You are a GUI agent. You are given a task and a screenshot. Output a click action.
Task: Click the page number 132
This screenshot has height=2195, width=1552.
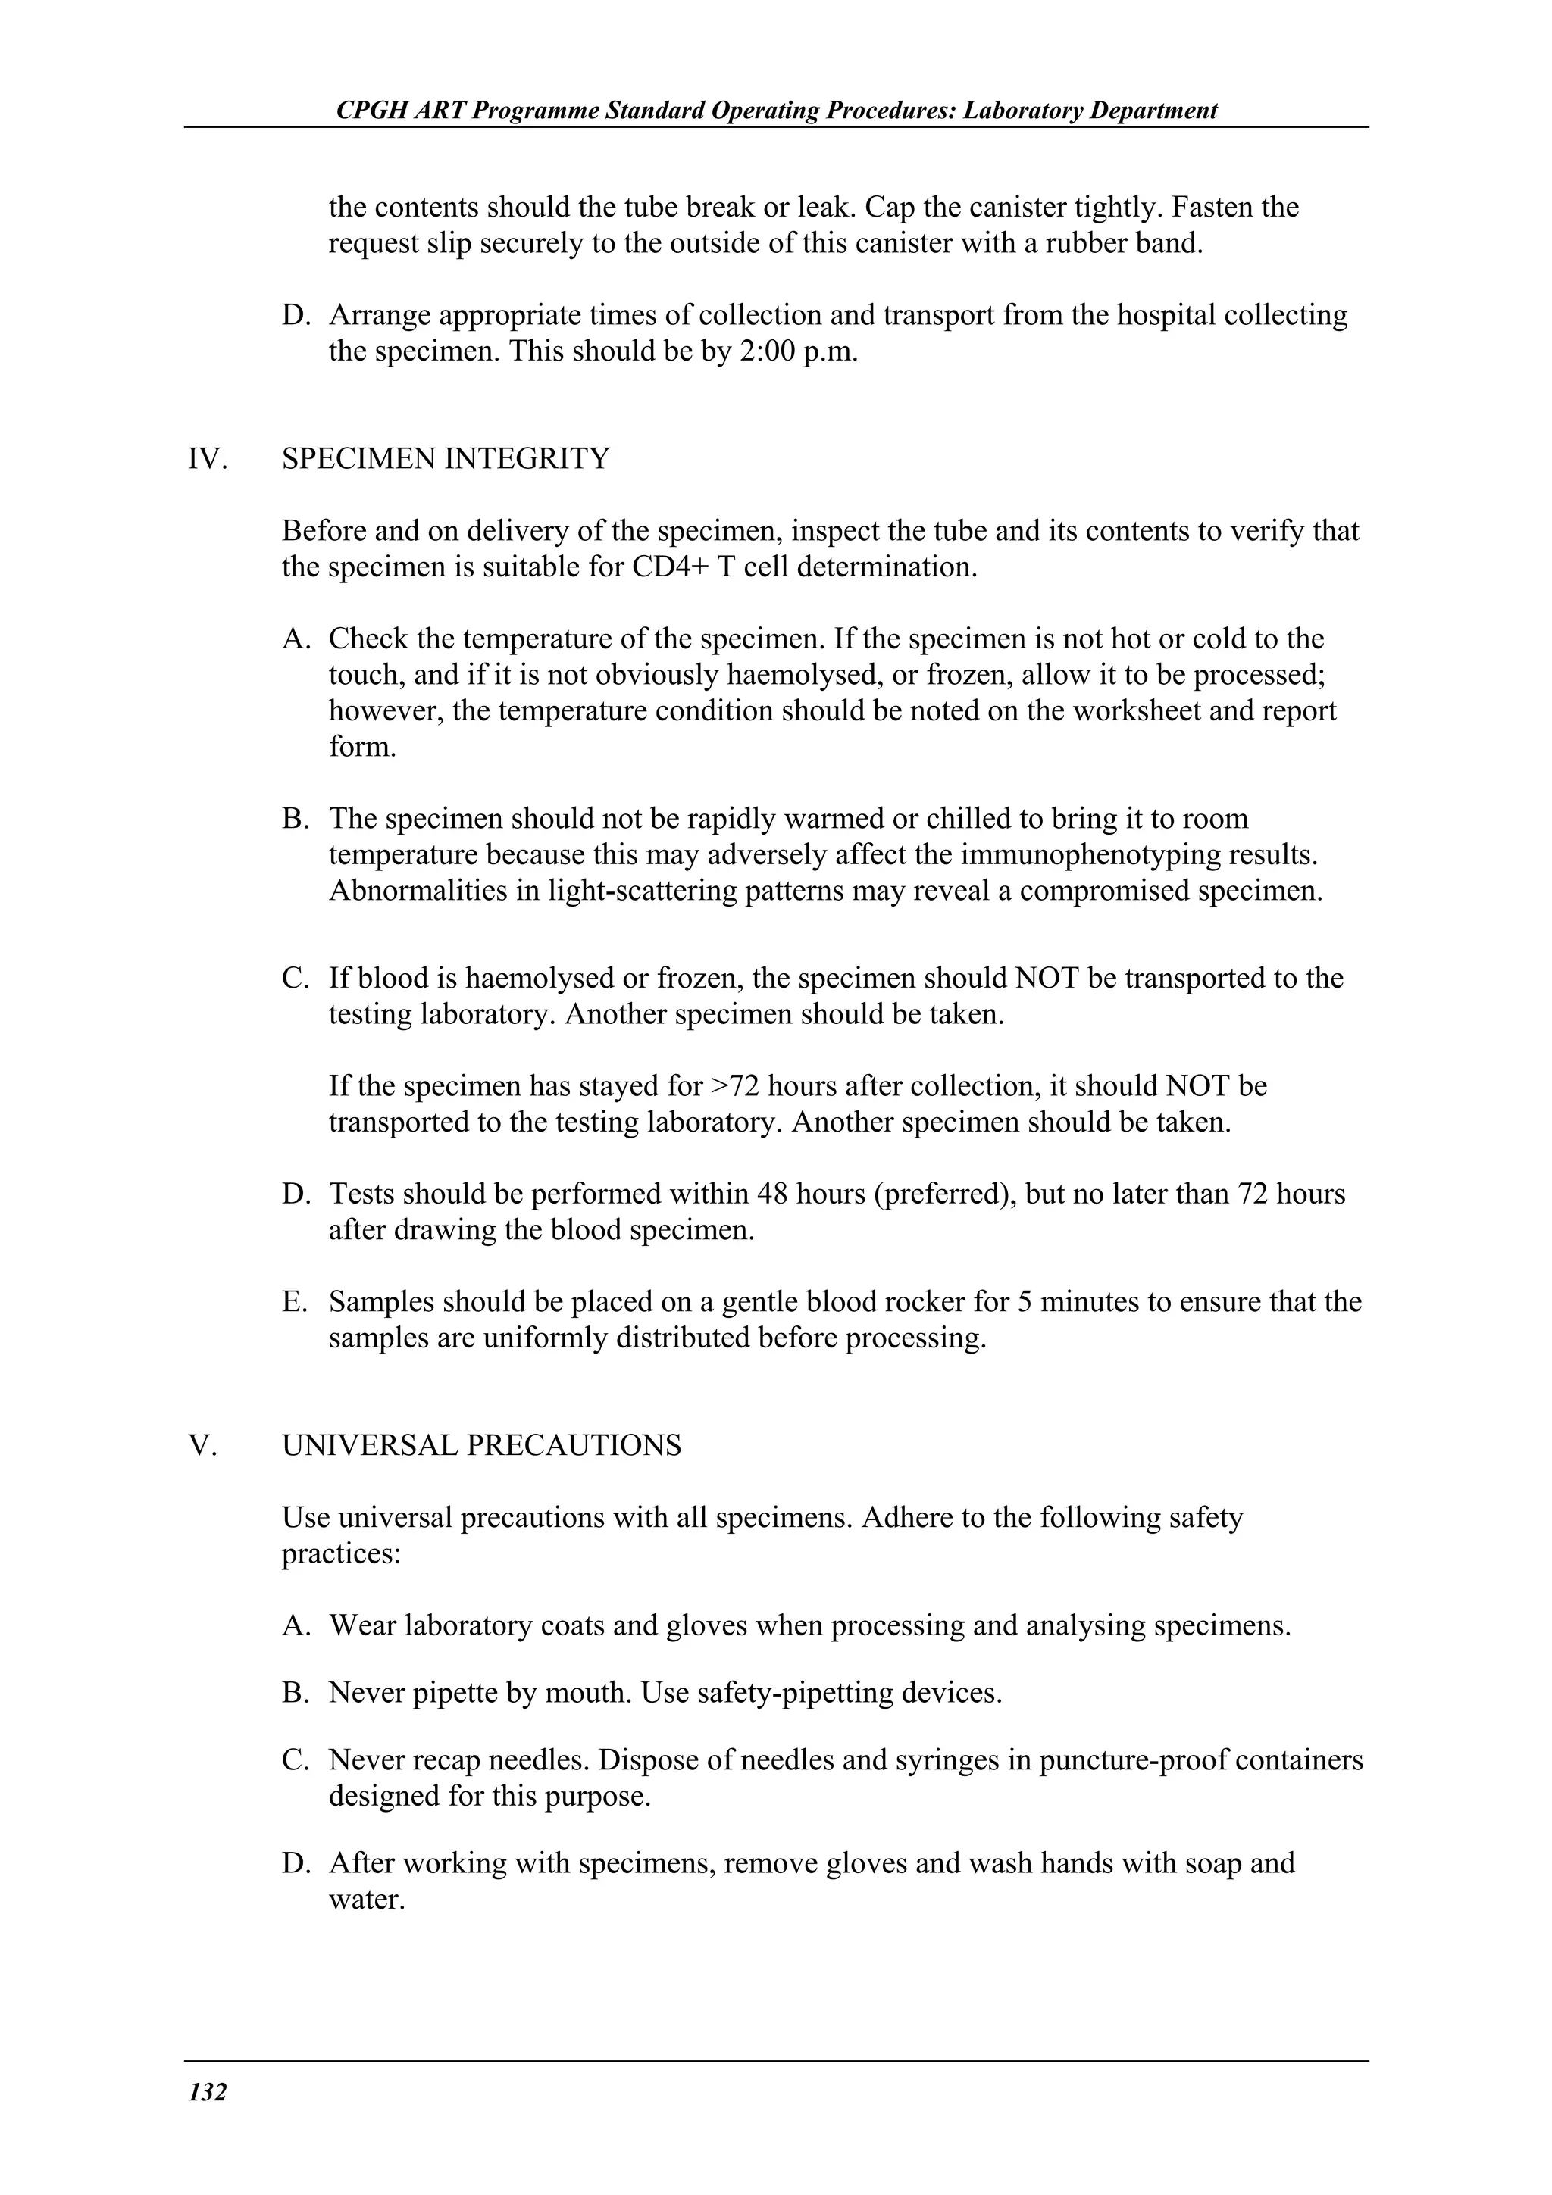pos(208,2093)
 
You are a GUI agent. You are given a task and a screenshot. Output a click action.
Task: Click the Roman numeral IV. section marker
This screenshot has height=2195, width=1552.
pos(208,459)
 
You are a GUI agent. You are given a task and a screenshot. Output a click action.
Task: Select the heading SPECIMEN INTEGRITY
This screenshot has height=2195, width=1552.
pos(446,459)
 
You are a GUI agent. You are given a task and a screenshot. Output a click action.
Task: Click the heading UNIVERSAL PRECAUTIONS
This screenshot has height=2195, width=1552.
pos(482,1445)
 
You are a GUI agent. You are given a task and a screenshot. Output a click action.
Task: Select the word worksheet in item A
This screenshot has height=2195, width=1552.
pos(1136,711)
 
